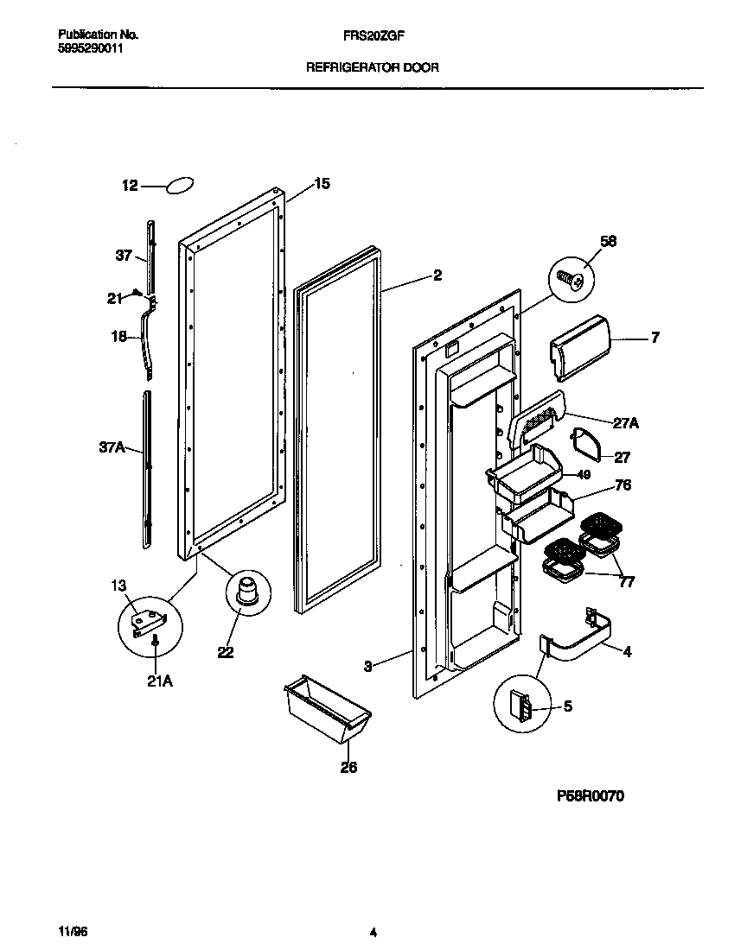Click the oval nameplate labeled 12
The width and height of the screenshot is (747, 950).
[x=179, y=186]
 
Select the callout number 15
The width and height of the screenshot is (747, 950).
[x=322, y=184]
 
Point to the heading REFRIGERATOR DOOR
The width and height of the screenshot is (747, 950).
[x=373, y=66]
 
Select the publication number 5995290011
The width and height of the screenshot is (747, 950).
[x=90, y=50]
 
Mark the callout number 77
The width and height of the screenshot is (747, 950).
[x=627, y=582]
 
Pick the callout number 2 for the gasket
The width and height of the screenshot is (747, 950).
[x=437, y=275]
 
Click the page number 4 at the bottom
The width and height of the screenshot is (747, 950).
[x=373, y=932]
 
